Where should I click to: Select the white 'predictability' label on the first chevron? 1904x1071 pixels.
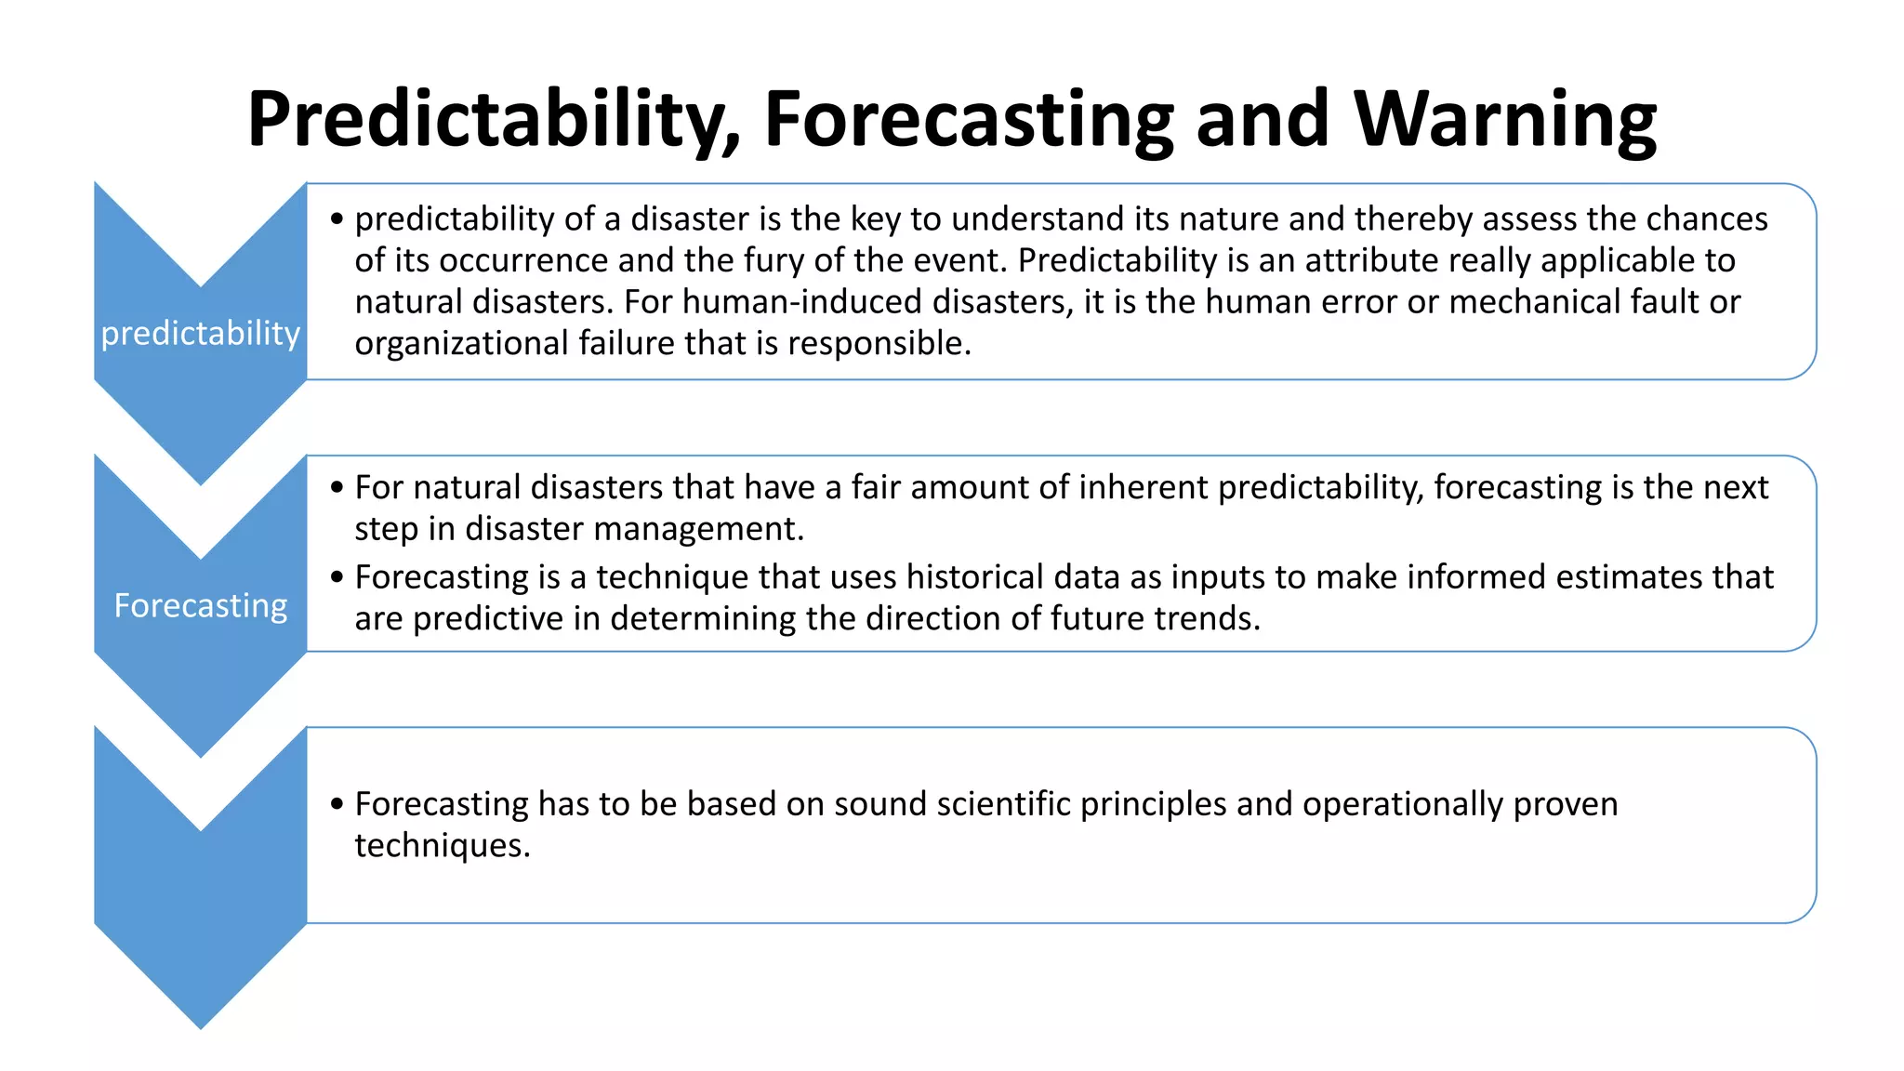pyautogui.click(x=201, y=333)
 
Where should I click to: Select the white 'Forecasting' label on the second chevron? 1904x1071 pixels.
pyautogui.click(x=201, y=605)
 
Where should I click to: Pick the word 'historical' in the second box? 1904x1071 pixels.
pyautogui.click(x=1012, y=577)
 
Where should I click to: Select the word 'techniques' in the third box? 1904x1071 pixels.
pyautogui.click(x=442, y=845)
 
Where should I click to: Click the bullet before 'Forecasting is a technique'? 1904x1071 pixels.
pyautogui.click(x=337, y=577)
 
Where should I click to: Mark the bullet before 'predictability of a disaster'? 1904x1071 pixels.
pyautogui.click(x=337, y=219)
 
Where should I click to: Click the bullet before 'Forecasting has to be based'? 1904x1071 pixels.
pyautogui.click(x=337, y=804)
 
